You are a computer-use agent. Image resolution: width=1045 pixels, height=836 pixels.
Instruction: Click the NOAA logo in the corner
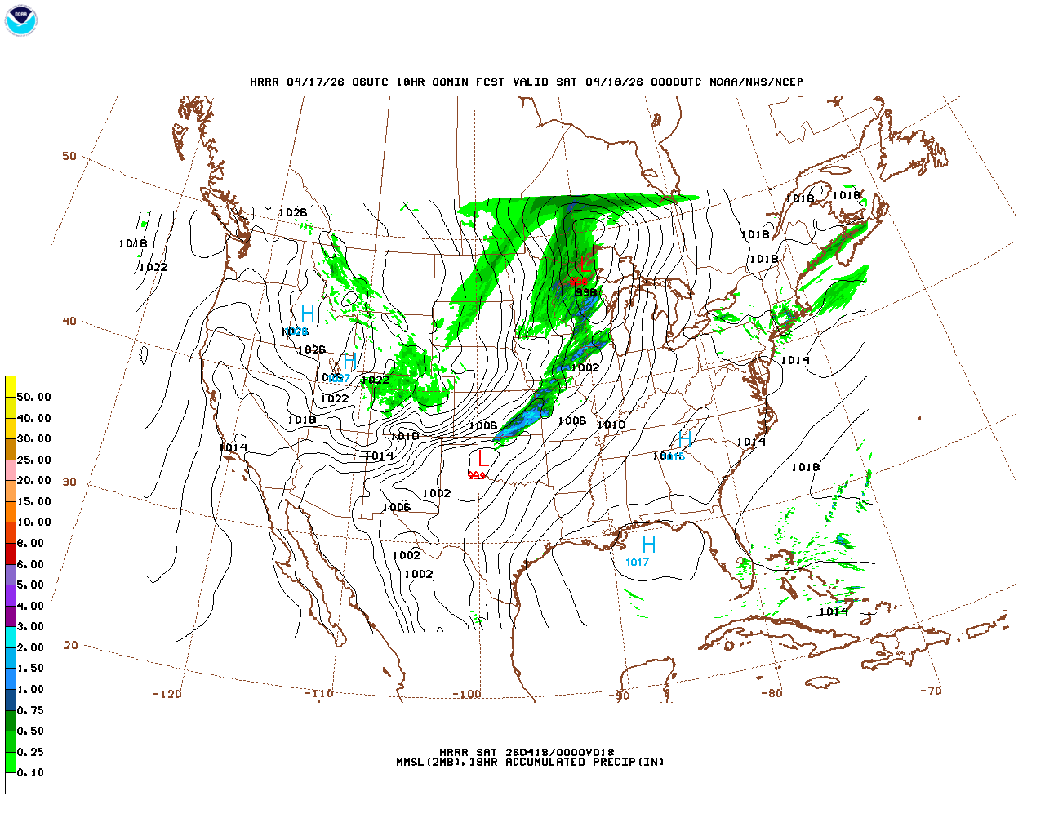21,20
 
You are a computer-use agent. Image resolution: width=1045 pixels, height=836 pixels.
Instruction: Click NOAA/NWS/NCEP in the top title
756,82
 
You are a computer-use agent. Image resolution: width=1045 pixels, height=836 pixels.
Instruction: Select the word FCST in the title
490,82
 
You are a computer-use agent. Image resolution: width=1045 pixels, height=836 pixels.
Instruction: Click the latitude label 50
69,156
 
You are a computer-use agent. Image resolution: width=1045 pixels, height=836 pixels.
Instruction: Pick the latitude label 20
71,645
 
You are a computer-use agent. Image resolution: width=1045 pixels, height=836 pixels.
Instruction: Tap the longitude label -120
167,694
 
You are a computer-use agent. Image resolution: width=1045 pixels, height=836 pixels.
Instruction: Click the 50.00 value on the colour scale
34,397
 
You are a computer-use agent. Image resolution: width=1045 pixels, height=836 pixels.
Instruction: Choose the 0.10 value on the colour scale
31,772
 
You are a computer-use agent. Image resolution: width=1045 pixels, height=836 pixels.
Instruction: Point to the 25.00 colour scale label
34,460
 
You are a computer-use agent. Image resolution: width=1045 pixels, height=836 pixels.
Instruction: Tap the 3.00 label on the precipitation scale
31,626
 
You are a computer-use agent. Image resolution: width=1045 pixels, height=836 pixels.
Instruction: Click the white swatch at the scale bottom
11,783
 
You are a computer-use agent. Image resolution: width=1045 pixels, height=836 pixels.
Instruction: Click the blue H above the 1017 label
649,545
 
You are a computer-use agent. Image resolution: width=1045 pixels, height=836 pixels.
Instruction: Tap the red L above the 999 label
483,458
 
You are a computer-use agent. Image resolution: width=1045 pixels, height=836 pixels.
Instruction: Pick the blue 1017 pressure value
637,562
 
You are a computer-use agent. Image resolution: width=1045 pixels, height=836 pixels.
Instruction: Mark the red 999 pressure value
477,475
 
